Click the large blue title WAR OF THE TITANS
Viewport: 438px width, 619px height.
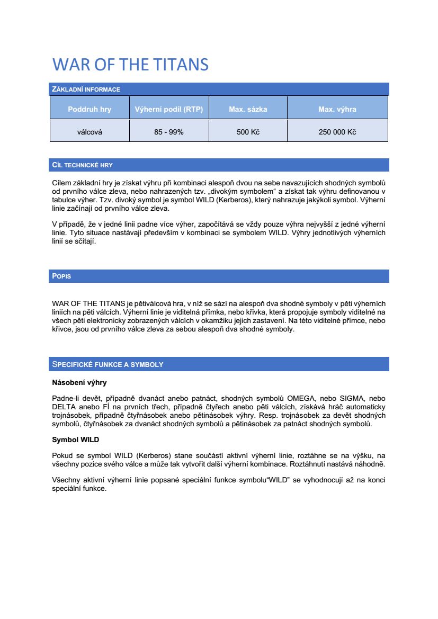[x=130, y=65]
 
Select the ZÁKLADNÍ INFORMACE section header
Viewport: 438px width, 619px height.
[x=86, y=89]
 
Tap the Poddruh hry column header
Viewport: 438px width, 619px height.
[x=90, y=110]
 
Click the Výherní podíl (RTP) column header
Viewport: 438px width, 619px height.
[x=169, y=110]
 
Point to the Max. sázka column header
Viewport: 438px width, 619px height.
[x=248, y=110]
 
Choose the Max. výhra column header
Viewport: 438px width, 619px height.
[x=337, y=110]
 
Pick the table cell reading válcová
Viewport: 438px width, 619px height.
[x=90, y=132]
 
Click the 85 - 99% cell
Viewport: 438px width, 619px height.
[x=169, y=132]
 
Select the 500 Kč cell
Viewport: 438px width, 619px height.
[x=248, y=132]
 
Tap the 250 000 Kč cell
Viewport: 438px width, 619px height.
[x=337, y=132]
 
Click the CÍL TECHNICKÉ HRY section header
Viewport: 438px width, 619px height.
[x=82, y=165]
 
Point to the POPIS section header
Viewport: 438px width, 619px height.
[x=61, y=276]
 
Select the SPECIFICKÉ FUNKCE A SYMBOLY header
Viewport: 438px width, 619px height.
[x=108, y=364]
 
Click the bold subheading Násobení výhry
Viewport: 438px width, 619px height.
[x=79, y=382]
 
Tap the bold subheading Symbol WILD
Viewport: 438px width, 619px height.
[x=75, y=440]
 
